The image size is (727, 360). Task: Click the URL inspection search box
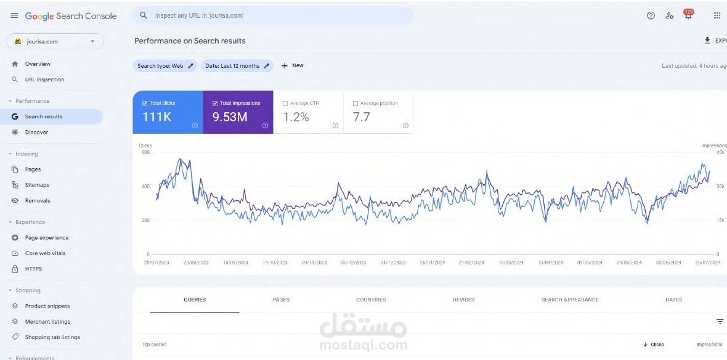pyautogui.click(x=271, y=15)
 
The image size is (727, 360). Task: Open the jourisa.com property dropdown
pyautogui.click(x=55, y=41)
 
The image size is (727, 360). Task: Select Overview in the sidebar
pyautogui.click(x=38, y=64)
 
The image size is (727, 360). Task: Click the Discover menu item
pyautogui.click(x=36, y=133)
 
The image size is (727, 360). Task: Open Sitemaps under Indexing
pyautogui.click(x=37, y=185)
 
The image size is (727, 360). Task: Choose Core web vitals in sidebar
pyautogui.click(x=45, y=253)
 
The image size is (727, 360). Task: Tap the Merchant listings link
pyautogui.click(x=47, y=322)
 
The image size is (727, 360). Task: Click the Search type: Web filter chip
pyautogui.click(x=164, y=66)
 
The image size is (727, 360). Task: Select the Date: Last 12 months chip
pyautogui.click(x=237, y=66)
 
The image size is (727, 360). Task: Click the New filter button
pyautogui.click(x=293, y=65)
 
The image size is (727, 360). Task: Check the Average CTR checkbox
pyautogui.click(x=285, y=104)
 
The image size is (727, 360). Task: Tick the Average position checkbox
pyautogui.click(x=355, y=104)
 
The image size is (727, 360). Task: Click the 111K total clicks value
pyautogui.click(x=156, y=117)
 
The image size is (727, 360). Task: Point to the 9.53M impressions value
pyautogui.click(x=229, y=117)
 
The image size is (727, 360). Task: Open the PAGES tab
pyautogui.click(x=280, y=300)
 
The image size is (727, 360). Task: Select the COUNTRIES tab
pyautogui.click(x=371, y=300)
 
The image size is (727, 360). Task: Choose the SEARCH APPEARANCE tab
pyautogui.click(x=569, y=300)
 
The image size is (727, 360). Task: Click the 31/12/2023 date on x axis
pyautogui.click(x=392, y=263)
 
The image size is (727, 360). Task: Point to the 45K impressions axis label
pyautogui.click(x=720, y=152)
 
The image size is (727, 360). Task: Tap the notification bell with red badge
pyautogui.click(x=688, y=15)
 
